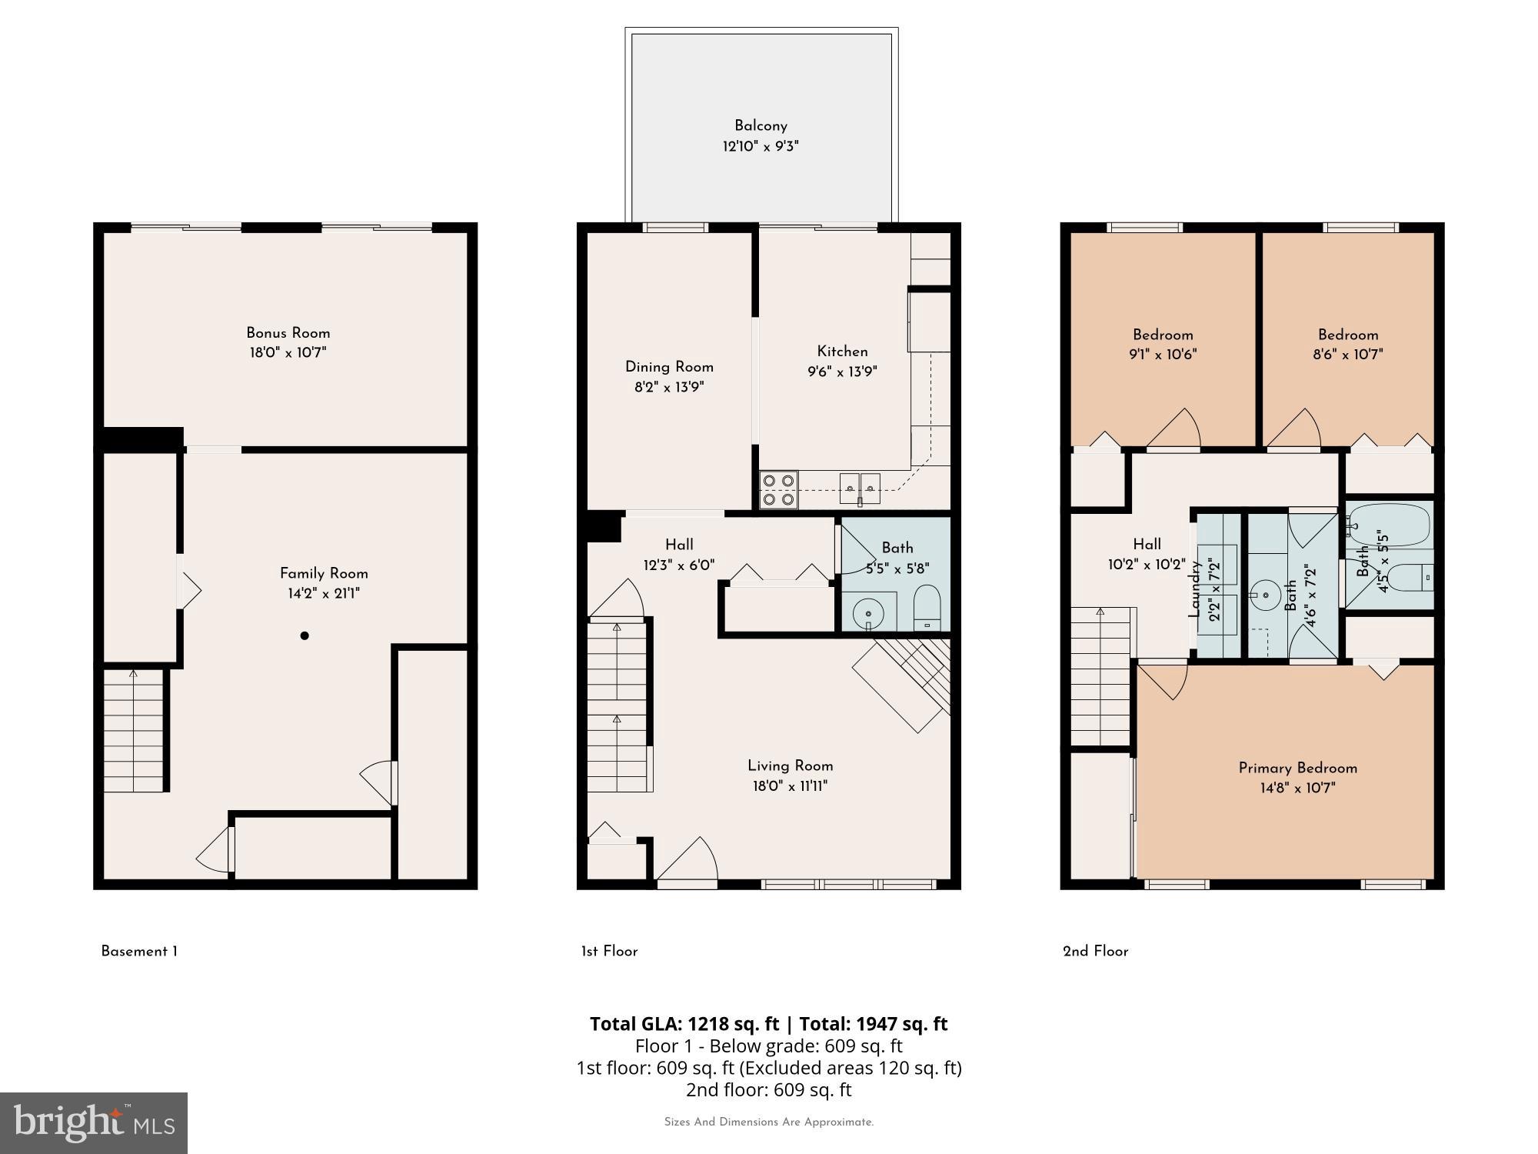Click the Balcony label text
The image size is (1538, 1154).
click(760, 125)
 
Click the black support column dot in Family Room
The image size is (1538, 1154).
click(305, 635)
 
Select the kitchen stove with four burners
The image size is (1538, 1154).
click(778, 490)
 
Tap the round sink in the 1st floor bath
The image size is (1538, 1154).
click(869, 613)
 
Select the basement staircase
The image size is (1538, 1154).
click(134, 731)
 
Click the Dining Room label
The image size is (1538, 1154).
click(669, 367)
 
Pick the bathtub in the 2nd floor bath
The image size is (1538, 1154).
click(1390, 525)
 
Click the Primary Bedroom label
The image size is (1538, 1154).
click(1297, 768)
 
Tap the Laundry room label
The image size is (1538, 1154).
click(1195, 589)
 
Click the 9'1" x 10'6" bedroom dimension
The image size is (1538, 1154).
click(1163, 355)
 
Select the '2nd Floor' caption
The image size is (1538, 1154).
click(1095, 952)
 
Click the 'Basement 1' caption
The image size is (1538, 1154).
click(139, 952)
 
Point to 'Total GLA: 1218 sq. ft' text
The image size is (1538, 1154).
click(684, 1024)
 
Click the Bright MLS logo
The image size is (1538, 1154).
click(93, 1122)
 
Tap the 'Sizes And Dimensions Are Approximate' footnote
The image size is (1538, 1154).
click(768, 1122)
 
